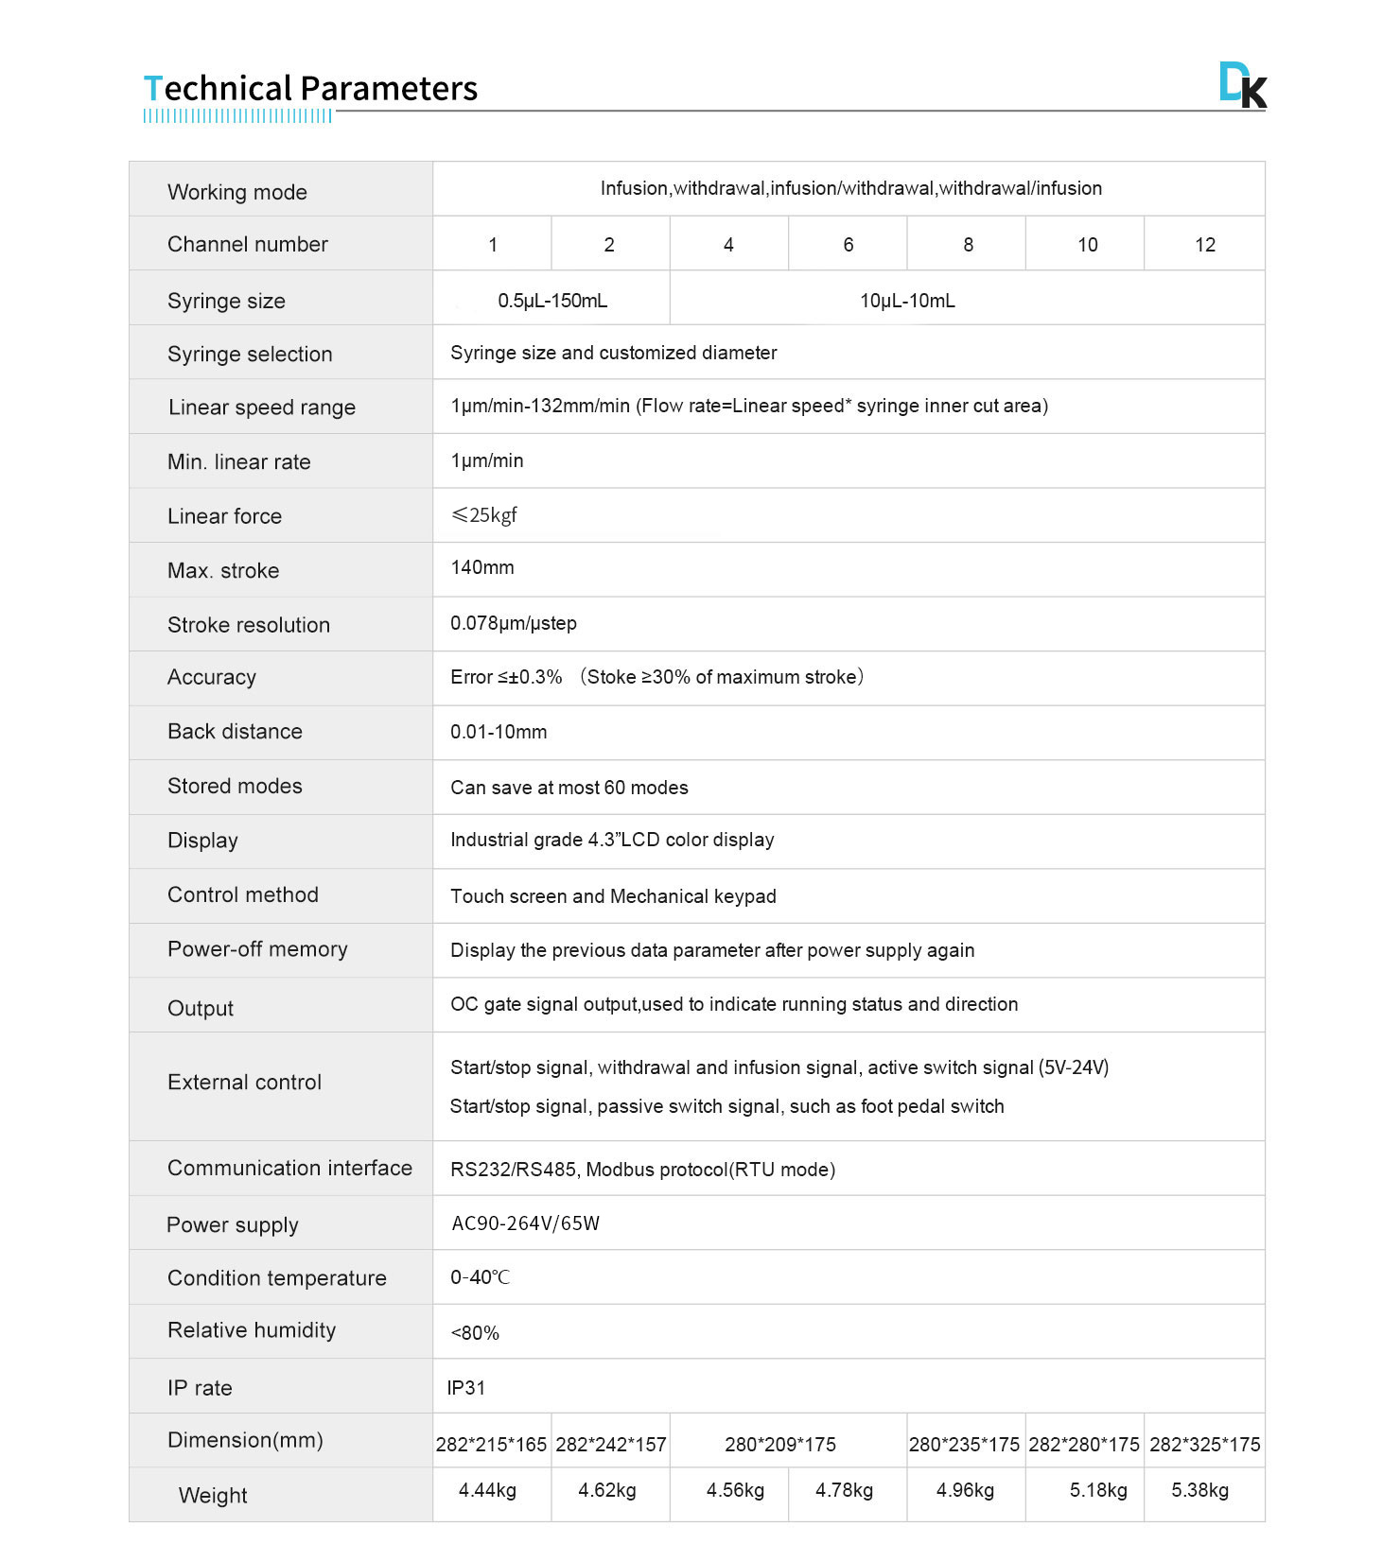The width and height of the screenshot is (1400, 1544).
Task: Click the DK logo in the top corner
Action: point(1242,85)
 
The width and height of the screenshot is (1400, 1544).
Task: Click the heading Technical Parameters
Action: point(310,89)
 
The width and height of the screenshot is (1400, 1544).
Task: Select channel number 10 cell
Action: point(1087,245)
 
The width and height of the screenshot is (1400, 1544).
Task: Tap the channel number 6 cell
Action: point(849,245)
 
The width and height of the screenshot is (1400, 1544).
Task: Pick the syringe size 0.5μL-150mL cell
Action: point(552,301)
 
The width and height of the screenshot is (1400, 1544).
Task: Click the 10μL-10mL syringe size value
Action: point(907,301)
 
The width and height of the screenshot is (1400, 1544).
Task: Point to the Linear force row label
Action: point(224,516)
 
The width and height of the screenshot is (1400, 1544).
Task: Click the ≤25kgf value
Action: point(484,515)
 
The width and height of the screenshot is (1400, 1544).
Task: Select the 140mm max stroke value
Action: point(482,567)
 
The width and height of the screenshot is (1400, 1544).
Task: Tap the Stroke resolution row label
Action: point(249,625)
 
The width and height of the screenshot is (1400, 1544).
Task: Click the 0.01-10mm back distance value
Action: point(499,732)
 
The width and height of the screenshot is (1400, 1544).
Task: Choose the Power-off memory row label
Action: point(257,949)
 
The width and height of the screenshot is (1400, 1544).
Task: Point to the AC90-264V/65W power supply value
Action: point(526,1223)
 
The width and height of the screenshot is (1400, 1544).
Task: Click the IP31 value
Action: point(466,1388)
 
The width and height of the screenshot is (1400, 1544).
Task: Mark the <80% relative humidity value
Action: point(475,1333)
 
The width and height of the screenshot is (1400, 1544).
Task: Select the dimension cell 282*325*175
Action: point(1204,1445)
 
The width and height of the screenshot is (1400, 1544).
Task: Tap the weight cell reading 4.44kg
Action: point(487,1491)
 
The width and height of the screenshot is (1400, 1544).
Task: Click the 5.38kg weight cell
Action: point(1199,1491)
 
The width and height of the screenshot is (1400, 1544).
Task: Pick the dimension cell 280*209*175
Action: point(780,1445)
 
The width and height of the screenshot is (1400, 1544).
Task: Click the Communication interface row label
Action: point(289,1169)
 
